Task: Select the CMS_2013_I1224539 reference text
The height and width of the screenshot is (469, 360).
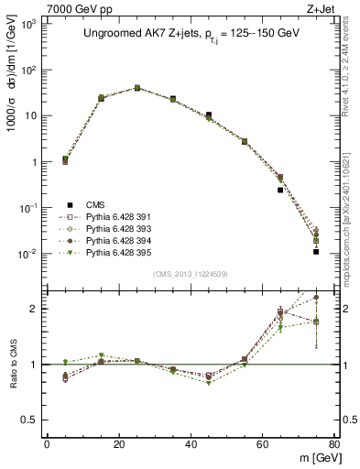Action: (191, 272)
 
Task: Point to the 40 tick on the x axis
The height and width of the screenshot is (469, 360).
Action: (191, 444)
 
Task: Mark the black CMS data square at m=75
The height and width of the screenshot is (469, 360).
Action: (316, 251)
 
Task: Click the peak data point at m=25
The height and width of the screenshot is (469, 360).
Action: (137, 88)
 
